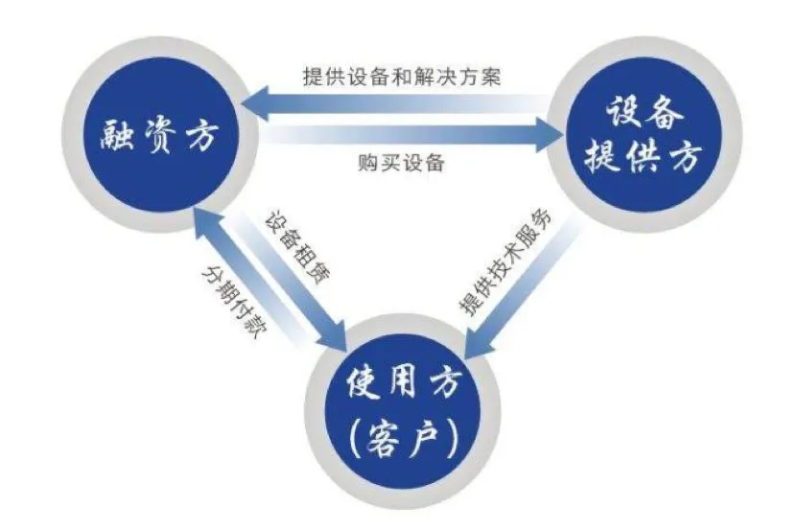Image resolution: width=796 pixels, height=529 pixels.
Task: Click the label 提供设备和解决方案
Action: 401,75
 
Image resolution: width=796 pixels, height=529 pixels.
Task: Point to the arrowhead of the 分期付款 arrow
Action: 202,221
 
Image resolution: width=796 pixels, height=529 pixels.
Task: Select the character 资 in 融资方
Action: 158,138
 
